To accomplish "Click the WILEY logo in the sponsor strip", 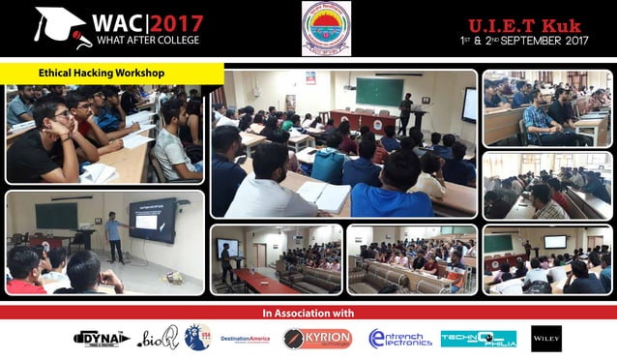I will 545,338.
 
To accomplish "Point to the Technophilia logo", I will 478,338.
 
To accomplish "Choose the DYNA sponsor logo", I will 102,338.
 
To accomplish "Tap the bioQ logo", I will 158,338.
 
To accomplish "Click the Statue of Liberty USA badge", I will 197,337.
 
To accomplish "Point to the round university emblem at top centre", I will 326,28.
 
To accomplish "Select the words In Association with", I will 308,314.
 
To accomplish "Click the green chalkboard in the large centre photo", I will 379,92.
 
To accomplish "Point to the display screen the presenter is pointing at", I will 153,221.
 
